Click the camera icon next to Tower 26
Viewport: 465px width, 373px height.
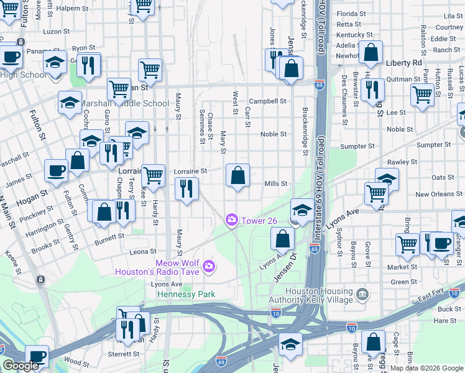click(231, 219)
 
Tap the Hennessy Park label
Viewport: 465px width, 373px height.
click(185, 294)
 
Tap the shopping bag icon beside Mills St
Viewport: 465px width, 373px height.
click(237, 176)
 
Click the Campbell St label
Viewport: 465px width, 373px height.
click(267, 101)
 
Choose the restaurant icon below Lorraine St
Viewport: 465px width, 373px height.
click(186, 189)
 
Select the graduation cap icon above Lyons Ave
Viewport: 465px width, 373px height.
click(302, 210)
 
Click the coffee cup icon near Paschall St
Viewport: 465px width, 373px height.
click(56, 170)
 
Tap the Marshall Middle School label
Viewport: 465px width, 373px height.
click(129, 104)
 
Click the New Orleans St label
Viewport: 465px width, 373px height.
click(439, 195)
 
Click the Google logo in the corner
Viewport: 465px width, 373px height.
click(21, 366)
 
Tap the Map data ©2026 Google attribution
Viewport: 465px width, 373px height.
click(426, 368)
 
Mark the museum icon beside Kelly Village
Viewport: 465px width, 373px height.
click(362, 293)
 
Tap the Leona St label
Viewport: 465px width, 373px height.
click(143, 252)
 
